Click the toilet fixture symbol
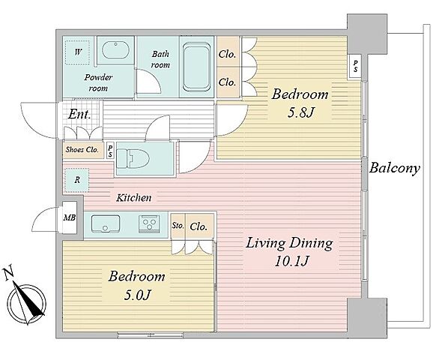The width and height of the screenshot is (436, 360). click(x=133, y=158)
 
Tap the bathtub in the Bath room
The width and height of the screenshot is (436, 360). click(x=196, y=67)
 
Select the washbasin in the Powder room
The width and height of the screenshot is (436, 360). click(x=115, y=50)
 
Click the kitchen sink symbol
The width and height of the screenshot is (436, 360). click(x=106, y=223)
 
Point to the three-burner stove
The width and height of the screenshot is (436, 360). click(x=149, y=223)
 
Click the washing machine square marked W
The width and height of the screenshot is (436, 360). click(x=78, y=52)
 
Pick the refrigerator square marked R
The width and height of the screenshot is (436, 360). click(x=76, y=180)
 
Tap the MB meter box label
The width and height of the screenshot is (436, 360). click(x=69, y=217)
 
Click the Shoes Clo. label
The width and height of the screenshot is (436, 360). click(x=82, y=150)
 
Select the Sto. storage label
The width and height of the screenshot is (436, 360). click(x=178, y=225)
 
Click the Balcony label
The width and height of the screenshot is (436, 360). click(x=394, y=169)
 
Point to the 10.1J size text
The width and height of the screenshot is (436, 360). click(x=291, y=262)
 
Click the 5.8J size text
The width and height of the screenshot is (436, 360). click(x=300, y=112)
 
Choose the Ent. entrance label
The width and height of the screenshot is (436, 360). click(x=79, y=114)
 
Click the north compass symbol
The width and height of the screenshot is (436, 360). click(x=27, y=303)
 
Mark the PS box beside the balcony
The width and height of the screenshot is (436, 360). click(x=356, y=67)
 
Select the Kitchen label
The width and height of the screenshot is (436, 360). click(x=134, y=198)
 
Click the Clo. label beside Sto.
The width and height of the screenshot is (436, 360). click(x=199, y=226)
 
